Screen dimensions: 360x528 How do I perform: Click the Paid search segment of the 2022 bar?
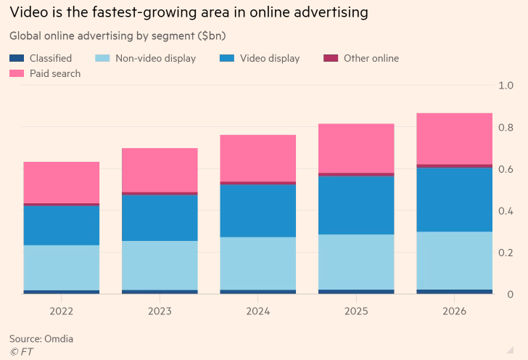pyautogui.click(x=62, y=182)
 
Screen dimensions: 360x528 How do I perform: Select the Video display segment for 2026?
pyautogui.click(x=454, y=200)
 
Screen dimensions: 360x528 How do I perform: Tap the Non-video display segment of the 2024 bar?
pyautogui.click(x=258, y=263)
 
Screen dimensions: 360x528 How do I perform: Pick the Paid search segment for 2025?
pyautogui.click(x=356, y=148)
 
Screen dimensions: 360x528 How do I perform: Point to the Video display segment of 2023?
pyautogui.click(x=160, y=217)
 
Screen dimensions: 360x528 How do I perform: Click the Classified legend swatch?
pyautogui.click(x=17, y=58)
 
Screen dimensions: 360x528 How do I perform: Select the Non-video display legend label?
pyautogui.click(x=155, y=58)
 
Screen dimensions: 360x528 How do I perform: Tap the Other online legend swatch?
pyautogui.click(x=331, y=58)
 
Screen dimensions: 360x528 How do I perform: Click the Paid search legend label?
pyautogui.click(x=55, y=73)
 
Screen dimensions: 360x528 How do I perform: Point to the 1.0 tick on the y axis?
pyautogui.click(x=506, y=86)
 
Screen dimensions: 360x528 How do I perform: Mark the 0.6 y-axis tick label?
pyautogui.click(x=506, y=169)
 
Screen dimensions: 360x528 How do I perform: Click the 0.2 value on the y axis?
pyautogui.click(x=506, y=253)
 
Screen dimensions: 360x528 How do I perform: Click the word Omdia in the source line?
pyautogui.click(x=58, y=338)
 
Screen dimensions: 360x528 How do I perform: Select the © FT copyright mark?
pyautogui.click(x=21, y=351)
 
